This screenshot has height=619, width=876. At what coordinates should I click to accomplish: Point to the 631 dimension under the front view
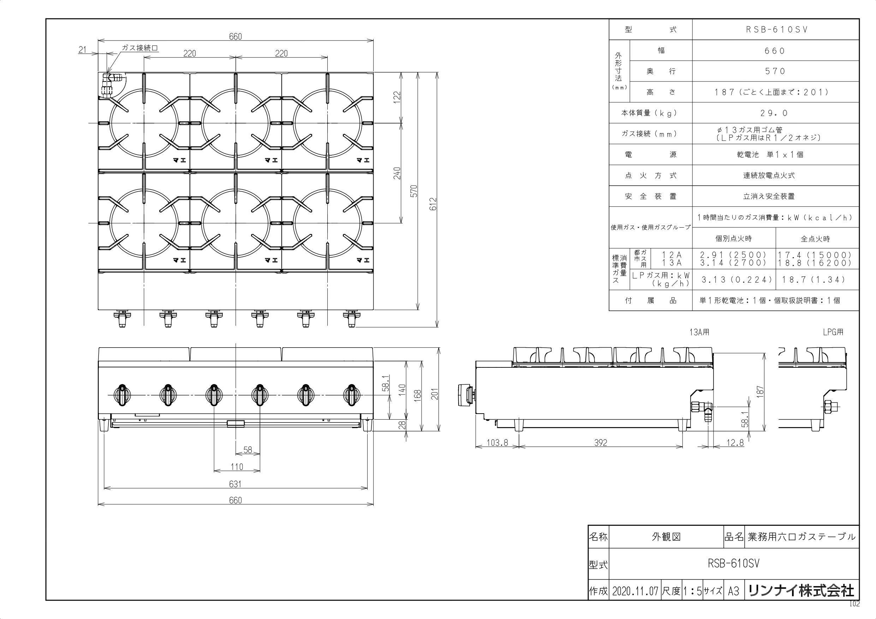pos(236,484)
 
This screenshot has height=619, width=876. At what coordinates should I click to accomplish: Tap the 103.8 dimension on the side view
pos(497,443)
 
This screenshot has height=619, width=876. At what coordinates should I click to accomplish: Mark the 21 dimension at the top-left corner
pos(83,49)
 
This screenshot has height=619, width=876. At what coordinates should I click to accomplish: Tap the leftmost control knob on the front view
pos(122,396)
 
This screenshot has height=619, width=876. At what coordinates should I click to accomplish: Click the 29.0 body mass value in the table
pos(776,113)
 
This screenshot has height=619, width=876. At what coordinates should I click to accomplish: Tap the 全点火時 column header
pos(815,239)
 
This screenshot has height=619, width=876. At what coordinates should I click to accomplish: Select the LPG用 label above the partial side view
pos(833,332)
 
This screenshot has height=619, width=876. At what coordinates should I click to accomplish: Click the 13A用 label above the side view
pos(699,332)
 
